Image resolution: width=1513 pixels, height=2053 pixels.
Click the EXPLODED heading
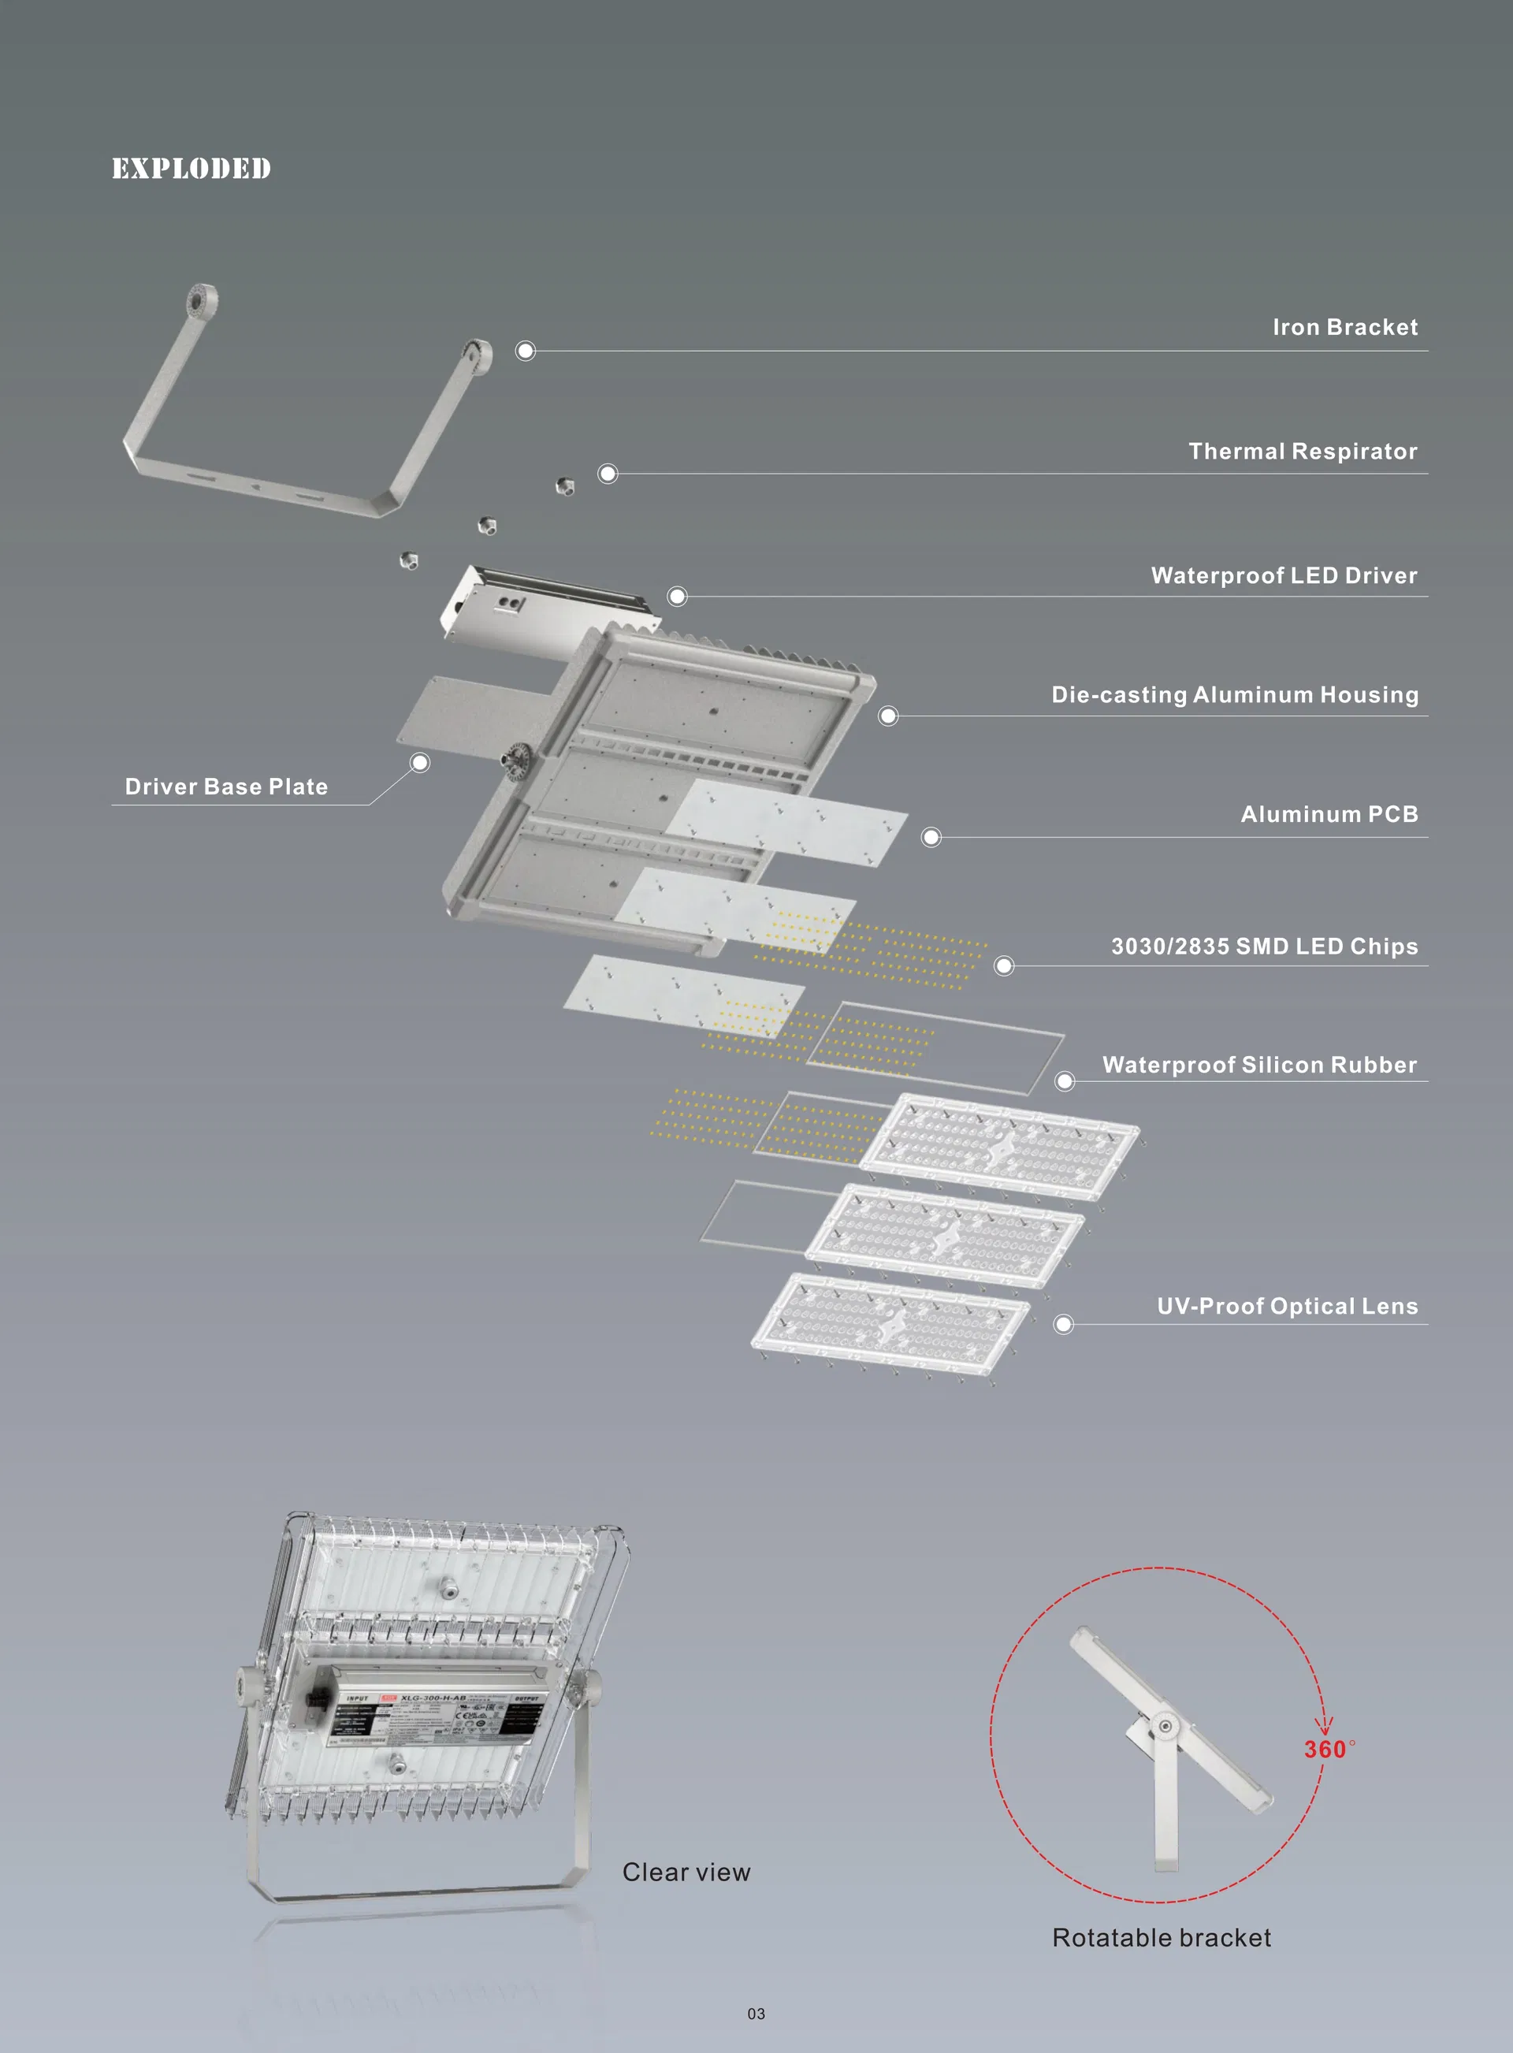coord(191,169)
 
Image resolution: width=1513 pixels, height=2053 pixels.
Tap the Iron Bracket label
coord(1344,327)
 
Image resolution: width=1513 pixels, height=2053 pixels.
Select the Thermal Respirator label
coord(1302,451)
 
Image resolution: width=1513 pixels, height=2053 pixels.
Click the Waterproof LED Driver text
coord(1283,575)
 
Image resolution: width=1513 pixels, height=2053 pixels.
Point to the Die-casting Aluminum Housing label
coord(1234,694)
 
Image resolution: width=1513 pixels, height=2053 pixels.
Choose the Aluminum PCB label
coord(1328,814)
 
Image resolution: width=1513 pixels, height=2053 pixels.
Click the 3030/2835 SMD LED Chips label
coord(1263,946)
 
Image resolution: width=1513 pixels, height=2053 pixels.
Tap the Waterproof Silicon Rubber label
coord(1258,1064)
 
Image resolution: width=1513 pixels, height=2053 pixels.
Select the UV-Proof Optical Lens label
coord(1286,1306)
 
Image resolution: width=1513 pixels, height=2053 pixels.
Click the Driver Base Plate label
coord(226,787)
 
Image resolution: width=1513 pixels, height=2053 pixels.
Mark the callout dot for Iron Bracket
coord(525,351)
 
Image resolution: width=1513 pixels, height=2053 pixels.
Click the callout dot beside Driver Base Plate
coord(419,762)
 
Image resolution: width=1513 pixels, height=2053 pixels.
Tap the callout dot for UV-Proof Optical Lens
coord(1062,1324)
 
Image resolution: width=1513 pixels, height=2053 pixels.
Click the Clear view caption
coord(686,1873)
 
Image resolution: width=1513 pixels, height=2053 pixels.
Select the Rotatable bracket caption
coord(1161,1938)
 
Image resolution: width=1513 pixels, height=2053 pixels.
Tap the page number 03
coord(756,2014)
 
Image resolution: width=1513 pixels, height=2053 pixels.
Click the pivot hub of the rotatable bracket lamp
coord(1164,1727)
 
